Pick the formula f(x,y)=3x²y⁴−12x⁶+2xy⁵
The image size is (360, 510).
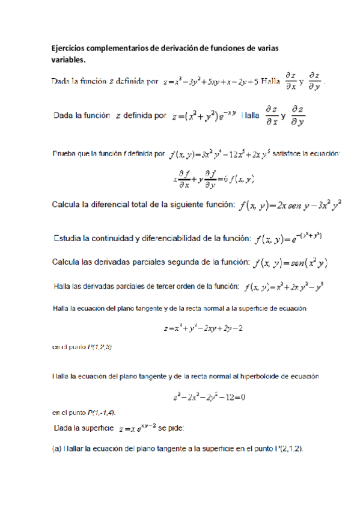tap(220, 155)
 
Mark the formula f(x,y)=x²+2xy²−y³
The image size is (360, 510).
tap(286, 285)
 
